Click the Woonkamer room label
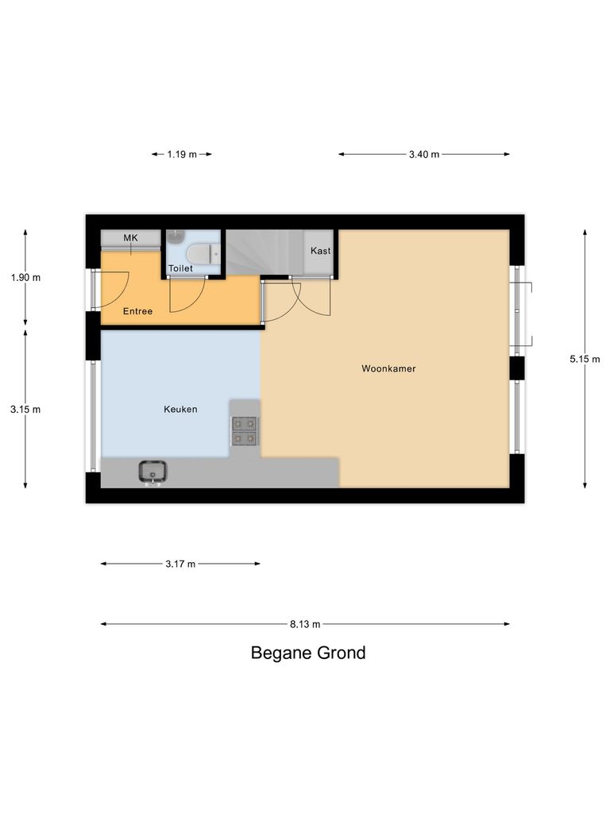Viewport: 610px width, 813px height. click(x=388, y=368)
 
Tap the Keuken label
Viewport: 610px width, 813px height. click(x=180, y=409)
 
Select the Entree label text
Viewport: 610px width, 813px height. click(x=137, y=311)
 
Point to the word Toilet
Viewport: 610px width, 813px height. click(x=180, y=268)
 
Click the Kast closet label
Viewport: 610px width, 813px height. click(x=321, y=250)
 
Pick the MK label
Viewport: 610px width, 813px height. click(x=131, y=237)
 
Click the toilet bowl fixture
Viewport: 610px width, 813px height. click(x=203, y=253)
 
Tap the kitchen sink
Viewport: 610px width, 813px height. click(x=152, y=473)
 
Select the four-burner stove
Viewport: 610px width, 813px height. click(x=245, y=431)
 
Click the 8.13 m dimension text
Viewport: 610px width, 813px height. click(x=305, y=624)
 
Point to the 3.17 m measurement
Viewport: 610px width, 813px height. click(x=180, y=564)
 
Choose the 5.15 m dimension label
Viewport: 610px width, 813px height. click(x=585, y=359)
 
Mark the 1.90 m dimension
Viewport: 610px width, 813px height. click(x=25, y=277)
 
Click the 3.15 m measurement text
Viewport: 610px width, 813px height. click(x=25, y=409)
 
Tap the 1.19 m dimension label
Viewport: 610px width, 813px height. click(x=182, y=154)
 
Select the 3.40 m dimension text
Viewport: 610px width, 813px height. click(x=424, y=154)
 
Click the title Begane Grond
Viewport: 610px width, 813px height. click(x=308, y=653)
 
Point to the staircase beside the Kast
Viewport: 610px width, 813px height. click(x=264, y=252)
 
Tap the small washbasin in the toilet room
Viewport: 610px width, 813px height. click(x=176, y=236)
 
